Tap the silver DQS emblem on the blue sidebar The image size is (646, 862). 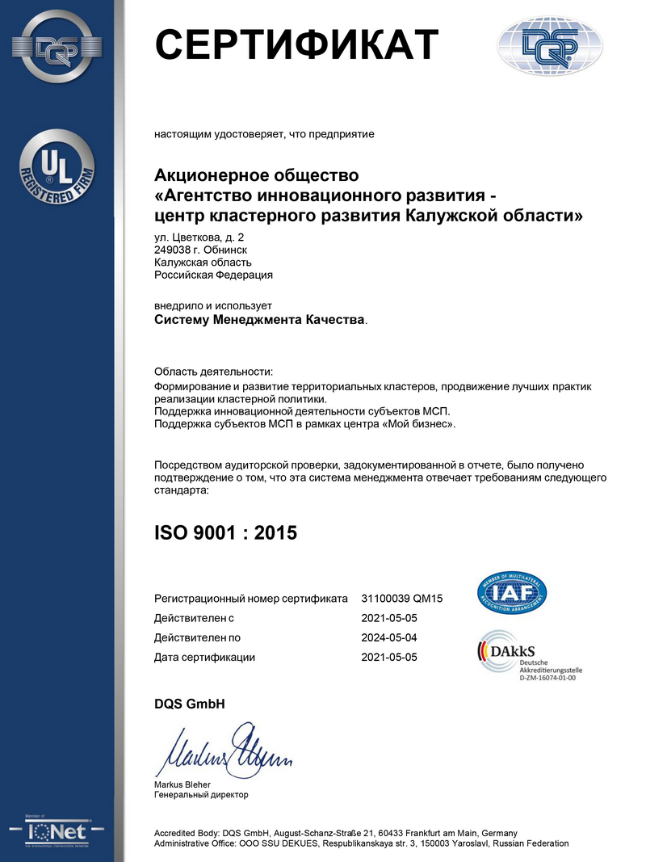57,46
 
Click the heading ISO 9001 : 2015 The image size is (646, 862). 225,532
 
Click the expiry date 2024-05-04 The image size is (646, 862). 389,637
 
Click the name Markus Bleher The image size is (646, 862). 182,784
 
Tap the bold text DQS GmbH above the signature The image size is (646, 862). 189,704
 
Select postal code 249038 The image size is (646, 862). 172,250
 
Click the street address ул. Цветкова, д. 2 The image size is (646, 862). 199,237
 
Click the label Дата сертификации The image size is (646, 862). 204,657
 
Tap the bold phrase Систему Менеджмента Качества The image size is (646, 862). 259,320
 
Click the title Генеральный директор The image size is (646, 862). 201,795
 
